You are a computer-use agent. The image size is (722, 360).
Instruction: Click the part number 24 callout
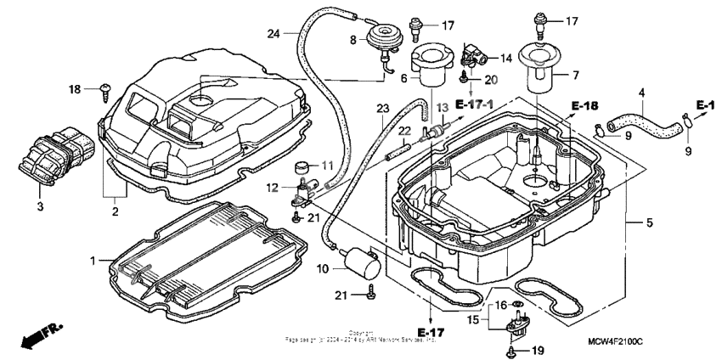pos(273,34)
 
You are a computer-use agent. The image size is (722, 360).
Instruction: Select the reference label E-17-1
pos(477,104)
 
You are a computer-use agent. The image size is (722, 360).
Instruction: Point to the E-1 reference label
pos(704,104)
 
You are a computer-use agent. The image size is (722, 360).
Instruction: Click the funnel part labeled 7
pos(538,70)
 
